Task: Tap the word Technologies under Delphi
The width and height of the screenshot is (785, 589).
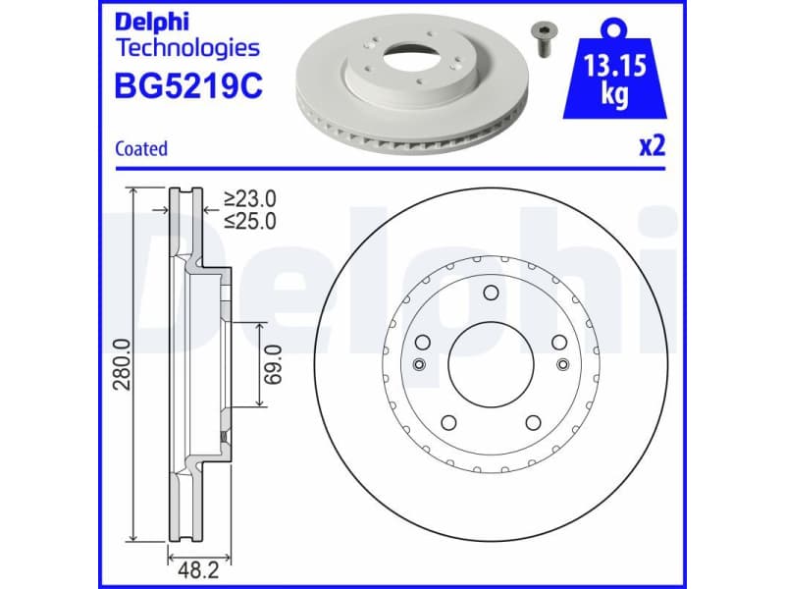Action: [x=187, y=47]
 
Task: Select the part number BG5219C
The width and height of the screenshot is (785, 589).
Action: [x=189, y=85]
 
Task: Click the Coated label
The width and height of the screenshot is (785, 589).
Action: [x=141, y=149]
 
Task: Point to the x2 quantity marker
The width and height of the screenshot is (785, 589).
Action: [x=653, y=147]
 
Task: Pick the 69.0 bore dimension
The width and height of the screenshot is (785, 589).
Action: [x=276, y=364]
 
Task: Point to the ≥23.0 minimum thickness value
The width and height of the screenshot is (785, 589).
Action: [x=249, y=199]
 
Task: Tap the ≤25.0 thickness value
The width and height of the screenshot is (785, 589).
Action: [x=249, y=221]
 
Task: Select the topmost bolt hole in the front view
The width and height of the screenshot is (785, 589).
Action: [x=491, y=292]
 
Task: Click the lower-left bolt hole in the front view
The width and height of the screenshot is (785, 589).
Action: [x=447, y=423]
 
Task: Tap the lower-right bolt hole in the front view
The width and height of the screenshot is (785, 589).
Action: [x=534, y=423]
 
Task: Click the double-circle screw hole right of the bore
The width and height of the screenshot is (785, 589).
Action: [x=562, y=365]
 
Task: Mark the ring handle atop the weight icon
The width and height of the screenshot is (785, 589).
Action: [x=615, y=24]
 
